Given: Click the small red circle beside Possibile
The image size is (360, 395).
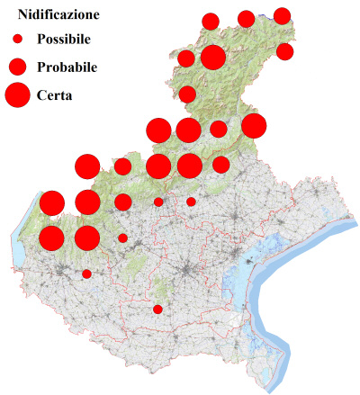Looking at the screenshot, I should pyautogui.click(x=17, y=40).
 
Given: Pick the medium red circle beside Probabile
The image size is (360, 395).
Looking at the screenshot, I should pyautogui.click(x=17, y=67).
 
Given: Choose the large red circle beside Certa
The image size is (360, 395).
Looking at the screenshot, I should pyautogui.click(x=17, y=94).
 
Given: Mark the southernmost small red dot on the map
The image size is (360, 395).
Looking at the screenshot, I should pyautogui.click(x=157, y=310).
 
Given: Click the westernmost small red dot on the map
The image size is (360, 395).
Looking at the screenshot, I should pyautogui.click(x=86, y=274).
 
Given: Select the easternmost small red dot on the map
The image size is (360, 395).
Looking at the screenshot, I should pyautogui.click(x=191, y=202).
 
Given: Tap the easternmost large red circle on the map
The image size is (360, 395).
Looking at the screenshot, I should pyautogui.click(x=254, y=126).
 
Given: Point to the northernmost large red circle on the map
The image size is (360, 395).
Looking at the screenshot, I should pyautogui.click(x=212, y=58).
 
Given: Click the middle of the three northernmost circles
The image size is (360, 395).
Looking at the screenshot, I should pyautogui.click(x=246, y=19).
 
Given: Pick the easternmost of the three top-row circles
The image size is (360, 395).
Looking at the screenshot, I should pyautogui.click(x=282, y=15).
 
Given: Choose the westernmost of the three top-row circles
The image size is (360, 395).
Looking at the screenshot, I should pyautogui.click(x=211, y=22).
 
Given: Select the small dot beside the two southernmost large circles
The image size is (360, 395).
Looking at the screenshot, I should pyautogui.click(x=122, y=238).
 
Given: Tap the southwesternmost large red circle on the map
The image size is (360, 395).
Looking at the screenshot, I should pyautogui.click(x=51, y=238).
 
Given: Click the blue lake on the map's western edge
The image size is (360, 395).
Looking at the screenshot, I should pyautogui.click(x=19, y=256).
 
